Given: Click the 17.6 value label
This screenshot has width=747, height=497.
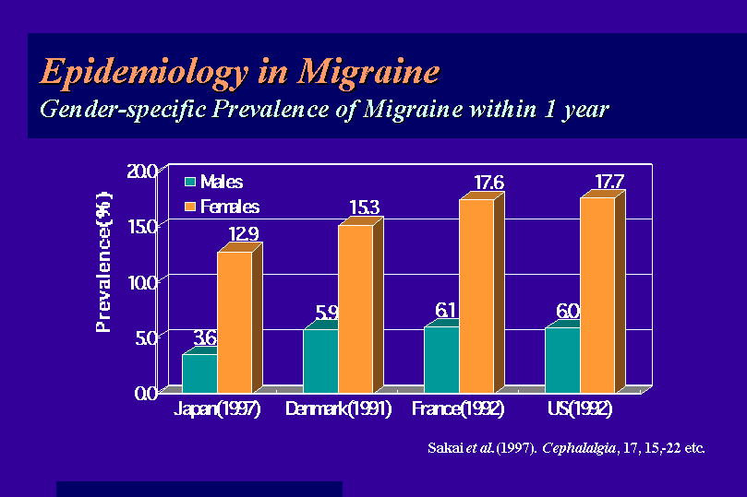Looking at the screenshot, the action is click(x=488, y=183).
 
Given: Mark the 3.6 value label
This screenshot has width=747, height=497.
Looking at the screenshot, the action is click(x=205, y=337).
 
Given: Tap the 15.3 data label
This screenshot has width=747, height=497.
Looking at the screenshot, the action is click(x=365, y=207).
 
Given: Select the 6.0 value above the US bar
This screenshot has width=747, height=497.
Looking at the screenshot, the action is click(x=568, y=311).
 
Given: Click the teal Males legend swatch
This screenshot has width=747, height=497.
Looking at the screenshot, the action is click(x=190, y=182).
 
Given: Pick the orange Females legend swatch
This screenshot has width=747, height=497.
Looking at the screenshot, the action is click(x=190, y=207).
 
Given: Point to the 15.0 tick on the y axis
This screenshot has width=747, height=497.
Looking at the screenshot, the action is click(x=142, y=227).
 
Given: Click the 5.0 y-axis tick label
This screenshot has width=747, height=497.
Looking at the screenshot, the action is click(x=146, y=338).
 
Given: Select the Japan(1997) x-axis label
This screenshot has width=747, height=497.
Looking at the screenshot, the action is click(x=217, y=409).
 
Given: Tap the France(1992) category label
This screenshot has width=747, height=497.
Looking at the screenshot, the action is click(x=458, y=409).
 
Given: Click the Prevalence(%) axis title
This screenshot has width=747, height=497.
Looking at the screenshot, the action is click(x=103, y=262).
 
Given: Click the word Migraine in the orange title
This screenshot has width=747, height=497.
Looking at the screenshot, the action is click(x=368, y=72).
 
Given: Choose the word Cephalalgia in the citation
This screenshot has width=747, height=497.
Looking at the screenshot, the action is click(x=579, y=448).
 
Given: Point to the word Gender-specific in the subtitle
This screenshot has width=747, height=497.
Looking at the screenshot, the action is click(x=124, y=110).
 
